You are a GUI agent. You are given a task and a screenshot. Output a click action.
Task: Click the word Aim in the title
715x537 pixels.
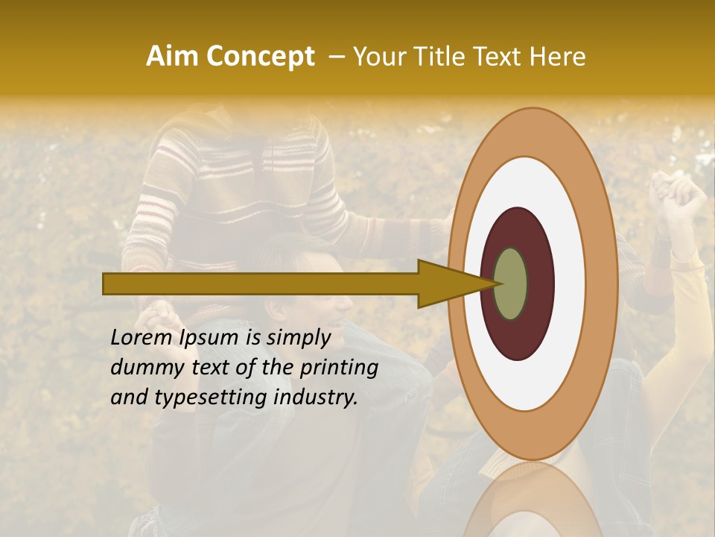(x=173, y=56)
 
